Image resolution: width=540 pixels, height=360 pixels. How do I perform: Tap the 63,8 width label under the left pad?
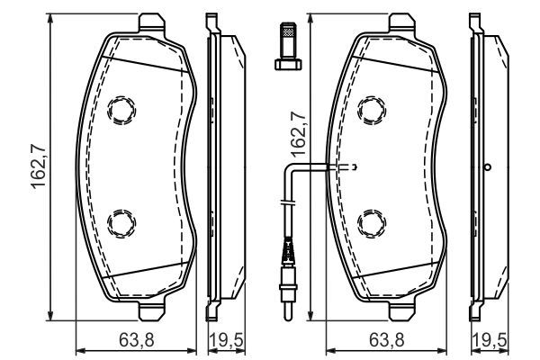pos(135,340)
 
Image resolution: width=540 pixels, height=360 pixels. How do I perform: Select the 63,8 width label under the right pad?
pos(387,340)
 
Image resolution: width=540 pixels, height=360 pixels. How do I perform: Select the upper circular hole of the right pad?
pos(371,111)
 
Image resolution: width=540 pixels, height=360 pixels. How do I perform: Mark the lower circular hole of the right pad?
pos(371,221)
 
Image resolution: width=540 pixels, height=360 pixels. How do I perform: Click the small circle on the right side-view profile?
pos(487,166)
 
